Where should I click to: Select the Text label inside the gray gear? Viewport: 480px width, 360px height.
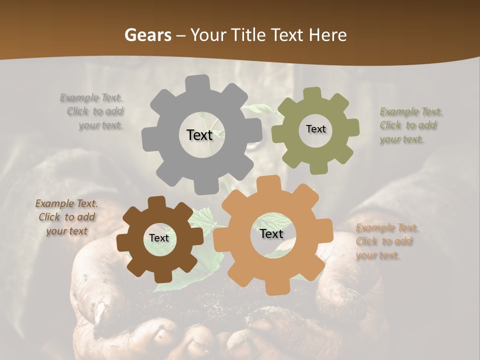(x=199, y=135)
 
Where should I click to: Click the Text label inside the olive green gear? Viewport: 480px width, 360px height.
(x=315, y=129)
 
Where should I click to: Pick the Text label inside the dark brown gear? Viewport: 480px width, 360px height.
(x=159, y=238)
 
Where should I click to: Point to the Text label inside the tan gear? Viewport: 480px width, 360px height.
(x=271, y=234)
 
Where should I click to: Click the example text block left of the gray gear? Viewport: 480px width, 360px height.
(x=92, y=111)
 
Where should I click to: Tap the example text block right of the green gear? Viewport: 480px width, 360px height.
(x=409, y=125)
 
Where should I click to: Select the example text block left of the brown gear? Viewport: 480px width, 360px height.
(x=67, y=217)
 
